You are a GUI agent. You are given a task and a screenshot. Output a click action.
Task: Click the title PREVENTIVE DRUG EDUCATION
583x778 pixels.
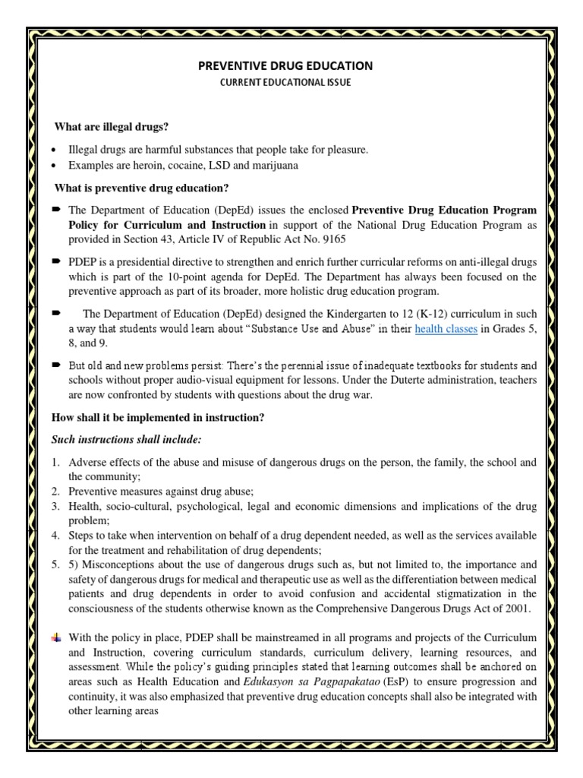pos(285,66)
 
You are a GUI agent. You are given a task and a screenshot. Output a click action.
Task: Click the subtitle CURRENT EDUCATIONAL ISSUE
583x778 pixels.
pos(285,82)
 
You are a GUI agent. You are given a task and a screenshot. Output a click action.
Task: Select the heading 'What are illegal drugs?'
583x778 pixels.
pos(112,125)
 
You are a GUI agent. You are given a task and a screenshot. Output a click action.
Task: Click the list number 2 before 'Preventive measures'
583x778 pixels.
pos(55,492)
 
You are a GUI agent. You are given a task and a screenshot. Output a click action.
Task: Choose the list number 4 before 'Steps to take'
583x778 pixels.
pos(55,536)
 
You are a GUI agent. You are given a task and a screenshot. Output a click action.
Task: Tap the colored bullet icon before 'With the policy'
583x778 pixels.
pos(55,636)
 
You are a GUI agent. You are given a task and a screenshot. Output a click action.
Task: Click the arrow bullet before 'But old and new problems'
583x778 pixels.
pos(56,364)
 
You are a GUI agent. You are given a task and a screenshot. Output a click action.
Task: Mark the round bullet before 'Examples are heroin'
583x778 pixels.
pos(55,165)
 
